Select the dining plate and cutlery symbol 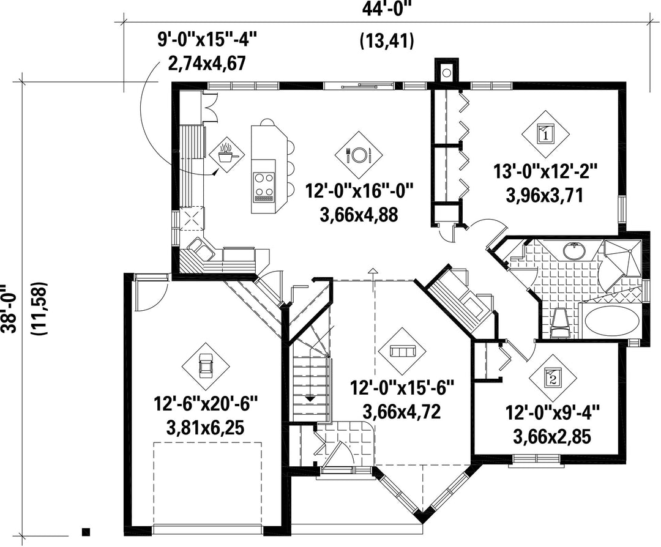click(359, 155)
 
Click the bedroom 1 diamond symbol click(545, 135)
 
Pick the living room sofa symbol click(403, 351)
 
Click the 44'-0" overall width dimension click(387, 9)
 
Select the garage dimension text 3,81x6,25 click(206, 428)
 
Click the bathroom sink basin click(574, 251)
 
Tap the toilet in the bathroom click(561, 323)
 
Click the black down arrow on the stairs click(310, 397)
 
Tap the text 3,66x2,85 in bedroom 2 click(552, 437)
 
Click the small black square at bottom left click(86, 532)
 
